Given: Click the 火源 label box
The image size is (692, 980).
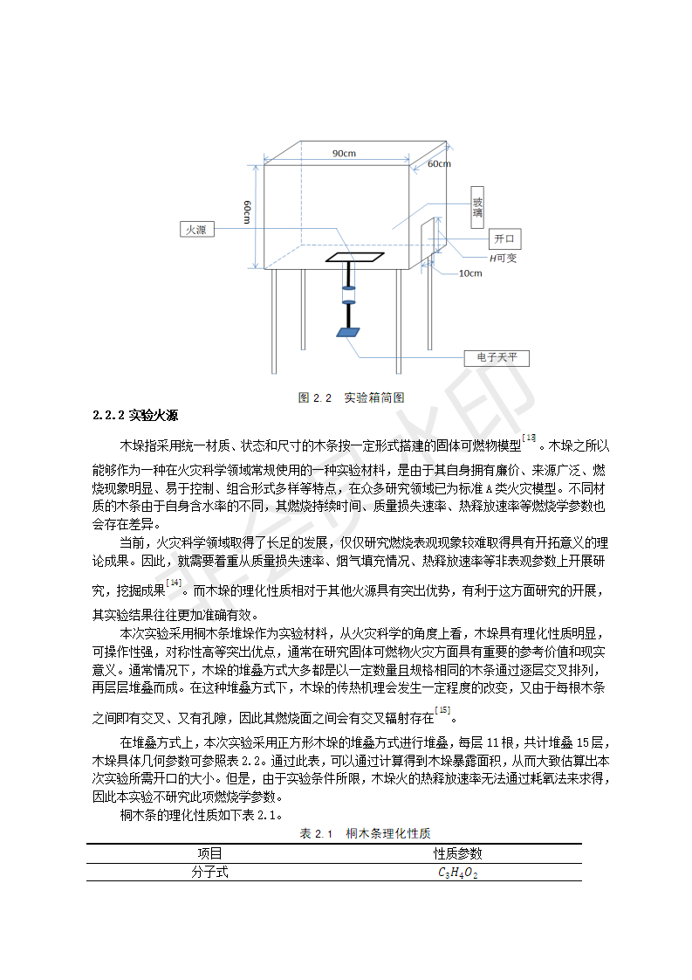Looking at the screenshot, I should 194,230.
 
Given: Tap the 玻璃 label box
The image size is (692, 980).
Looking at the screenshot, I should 477,206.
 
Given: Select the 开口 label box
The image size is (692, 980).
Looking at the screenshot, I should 504,238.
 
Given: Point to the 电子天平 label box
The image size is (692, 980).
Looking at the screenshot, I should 497,358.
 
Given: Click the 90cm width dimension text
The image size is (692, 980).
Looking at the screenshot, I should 344,154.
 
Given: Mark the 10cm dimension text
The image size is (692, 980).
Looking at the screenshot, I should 469,273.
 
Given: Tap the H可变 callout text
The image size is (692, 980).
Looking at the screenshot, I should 503,258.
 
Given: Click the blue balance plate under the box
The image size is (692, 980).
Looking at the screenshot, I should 347,333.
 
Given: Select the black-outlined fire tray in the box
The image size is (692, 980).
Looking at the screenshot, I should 354,258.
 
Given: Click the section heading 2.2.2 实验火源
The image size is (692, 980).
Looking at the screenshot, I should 135,414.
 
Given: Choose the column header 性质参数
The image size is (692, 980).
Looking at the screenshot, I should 458,853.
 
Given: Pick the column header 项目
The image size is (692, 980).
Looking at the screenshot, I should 209,853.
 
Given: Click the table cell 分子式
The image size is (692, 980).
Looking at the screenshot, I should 209,872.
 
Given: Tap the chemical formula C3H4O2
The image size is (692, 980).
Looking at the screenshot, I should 458,873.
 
